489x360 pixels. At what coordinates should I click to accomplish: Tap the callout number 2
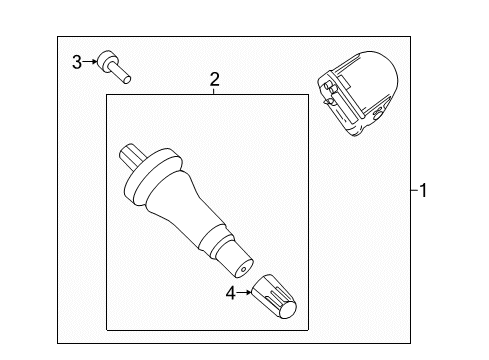[x=213, y=77]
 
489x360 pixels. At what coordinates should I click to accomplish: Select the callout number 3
[x=76, y=62]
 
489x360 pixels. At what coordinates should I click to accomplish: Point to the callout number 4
[x=231, y=294]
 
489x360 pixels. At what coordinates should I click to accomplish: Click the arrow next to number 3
[x=91, y=62]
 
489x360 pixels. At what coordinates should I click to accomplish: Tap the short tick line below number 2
[x=213, y=90]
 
